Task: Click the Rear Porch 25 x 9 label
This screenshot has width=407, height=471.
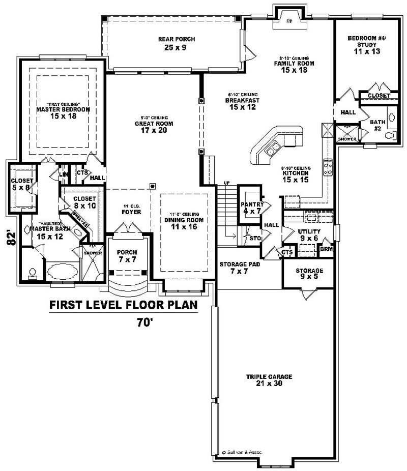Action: pos(177,44)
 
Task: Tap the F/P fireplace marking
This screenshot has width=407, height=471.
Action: pos(289,21)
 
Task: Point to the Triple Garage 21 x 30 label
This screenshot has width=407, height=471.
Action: pos(269,380)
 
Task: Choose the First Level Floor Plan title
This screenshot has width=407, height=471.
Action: pos(123,305)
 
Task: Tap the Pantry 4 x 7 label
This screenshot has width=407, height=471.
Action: pos(252,208)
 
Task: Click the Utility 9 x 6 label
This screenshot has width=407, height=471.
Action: pos(309,234)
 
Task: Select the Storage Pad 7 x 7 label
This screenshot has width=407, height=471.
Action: pos(234,269)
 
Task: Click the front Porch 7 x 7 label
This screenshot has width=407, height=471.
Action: pos(127,256)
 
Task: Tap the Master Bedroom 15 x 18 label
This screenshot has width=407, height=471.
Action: pos(63,112)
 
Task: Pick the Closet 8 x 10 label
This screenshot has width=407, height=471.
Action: pos(84,202)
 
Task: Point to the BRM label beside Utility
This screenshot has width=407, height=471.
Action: pos(325,249)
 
